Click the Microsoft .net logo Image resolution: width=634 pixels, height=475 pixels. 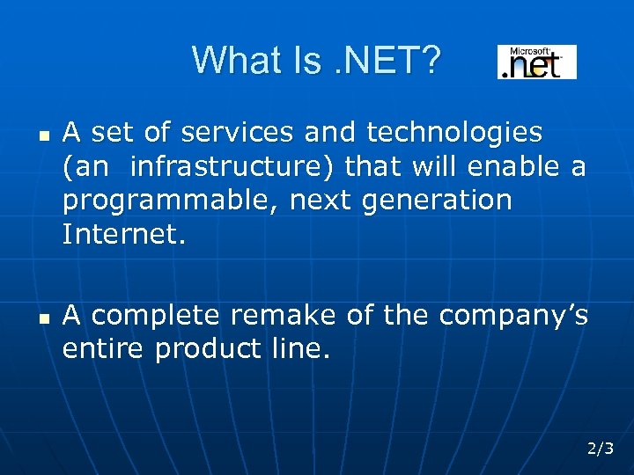(537, 62)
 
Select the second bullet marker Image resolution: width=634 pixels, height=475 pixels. (41, 318)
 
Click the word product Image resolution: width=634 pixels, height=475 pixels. (208, 349)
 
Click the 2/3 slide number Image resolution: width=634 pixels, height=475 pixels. (601, 449)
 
